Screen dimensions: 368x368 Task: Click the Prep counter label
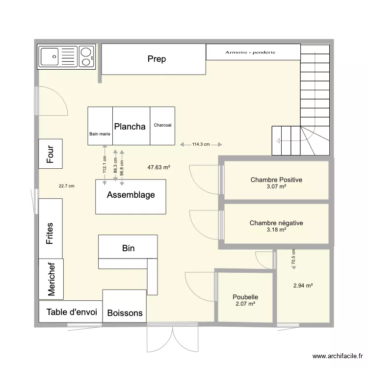(x=157, y=59)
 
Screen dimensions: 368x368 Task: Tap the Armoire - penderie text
(x=250, y=52)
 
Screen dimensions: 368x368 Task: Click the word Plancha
(x=130, y=127)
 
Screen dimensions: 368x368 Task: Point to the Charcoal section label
(x=162, y=125)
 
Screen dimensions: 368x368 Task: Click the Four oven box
(x=51, y=153)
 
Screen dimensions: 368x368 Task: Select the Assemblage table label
(x=131, y=195)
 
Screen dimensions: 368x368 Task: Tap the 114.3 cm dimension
(x=201, y=144)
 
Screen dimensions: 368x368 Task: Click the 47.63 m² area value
(x=158, y=167)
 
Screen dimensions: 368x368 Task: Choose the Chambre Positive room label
(x=276, y=180)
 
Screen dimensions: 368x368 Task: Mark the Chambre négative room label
(x=276, y=223)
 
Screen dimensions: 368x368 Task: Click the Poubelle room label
(x=245, y=297)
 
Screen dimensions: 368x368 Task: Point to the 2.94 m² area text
(x=303, y=286)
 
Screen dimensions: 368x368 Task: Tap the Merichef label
(x=51, y=278)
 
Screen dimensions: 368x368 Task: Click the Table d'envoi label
(x=72, y=312)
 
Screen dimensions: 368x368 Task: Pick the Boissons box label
(x=125, y=313)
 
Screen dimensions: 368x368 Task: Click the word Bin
(x=128, y=248)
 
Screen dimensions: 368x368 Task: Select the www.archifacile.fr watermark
(x=337, y=357)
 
